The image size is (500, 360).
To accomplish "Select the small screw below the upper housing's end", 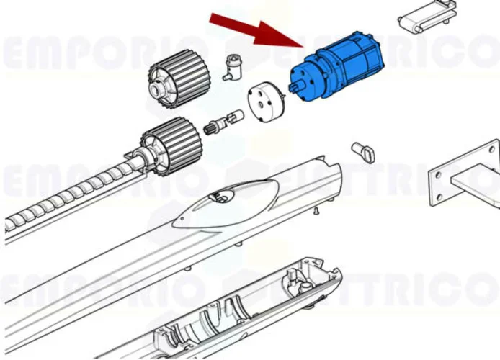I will click(315, 210).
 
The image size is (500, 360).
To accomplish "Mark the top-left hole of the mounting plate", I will click(437, 174).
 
